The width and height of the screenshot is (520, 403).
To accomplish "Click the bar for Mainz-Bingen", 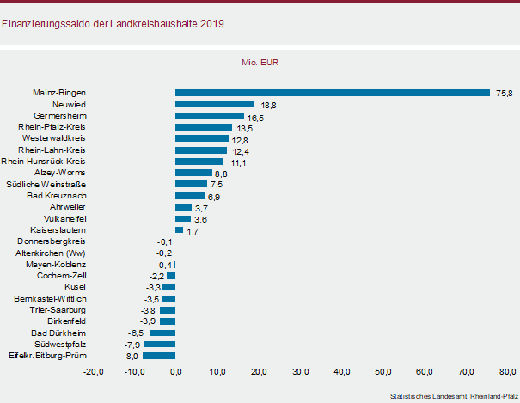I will [332, 92].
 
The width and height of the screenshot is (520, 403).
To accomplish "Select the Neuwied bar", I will [214, 104].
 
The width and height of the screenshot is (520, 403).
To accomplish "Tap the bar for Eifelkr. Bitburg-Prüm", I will [159, 355].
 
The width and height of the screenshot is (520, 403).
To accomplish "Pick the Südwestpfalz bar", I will [159, 344].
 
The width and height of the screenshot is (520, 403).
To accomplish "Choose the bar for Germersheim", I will [209, 115].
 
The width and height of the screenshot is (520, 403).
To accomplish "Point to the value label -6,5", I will [135, 333].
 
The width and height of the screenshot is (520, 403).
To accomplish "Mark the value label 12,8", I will [240, 139].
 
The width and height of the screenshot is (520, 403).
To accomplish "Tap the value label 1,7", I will [193, 231].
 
